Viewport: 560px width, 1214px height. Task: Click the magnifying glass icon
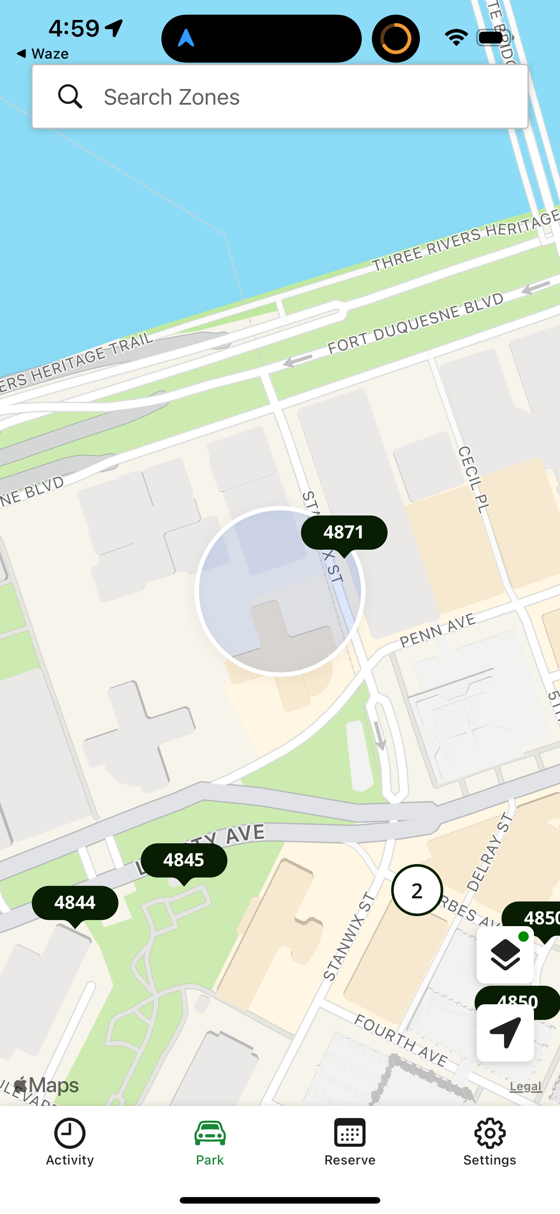(x=70, y=97)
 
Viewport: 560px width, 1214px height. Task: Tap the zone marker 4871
(x=344, y=533)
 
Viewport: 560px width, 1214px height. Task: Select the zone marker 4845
(x=184, y=860)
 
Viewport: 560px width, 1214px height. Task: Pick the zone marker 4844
(x=75, y=903)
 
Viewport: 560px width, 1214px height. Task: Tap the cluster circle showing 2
(x=417, y=890)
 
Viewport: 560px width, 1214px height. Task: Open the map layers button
(x=505, y=954)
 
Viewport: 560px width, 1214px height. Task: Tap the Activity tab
(x=70, y=1141)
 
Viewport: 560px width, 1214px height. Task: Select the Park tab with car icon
(x=210, y=1141)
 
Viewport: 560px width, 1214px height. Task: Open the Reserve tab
(x=350, y=1141)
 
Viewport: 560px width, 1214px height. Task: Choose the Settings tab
(x=490, y=1141)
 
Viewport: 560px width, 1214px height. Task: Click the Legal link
(x=526, y=1086)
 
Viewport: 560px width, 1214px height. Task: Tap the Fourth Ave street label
(x=401, y=1040)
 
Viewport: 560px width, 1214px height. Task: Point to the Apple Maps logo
(x=46, y=1085)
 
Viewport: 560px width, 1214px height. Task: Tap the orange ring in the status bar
(x=395, y=38)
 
